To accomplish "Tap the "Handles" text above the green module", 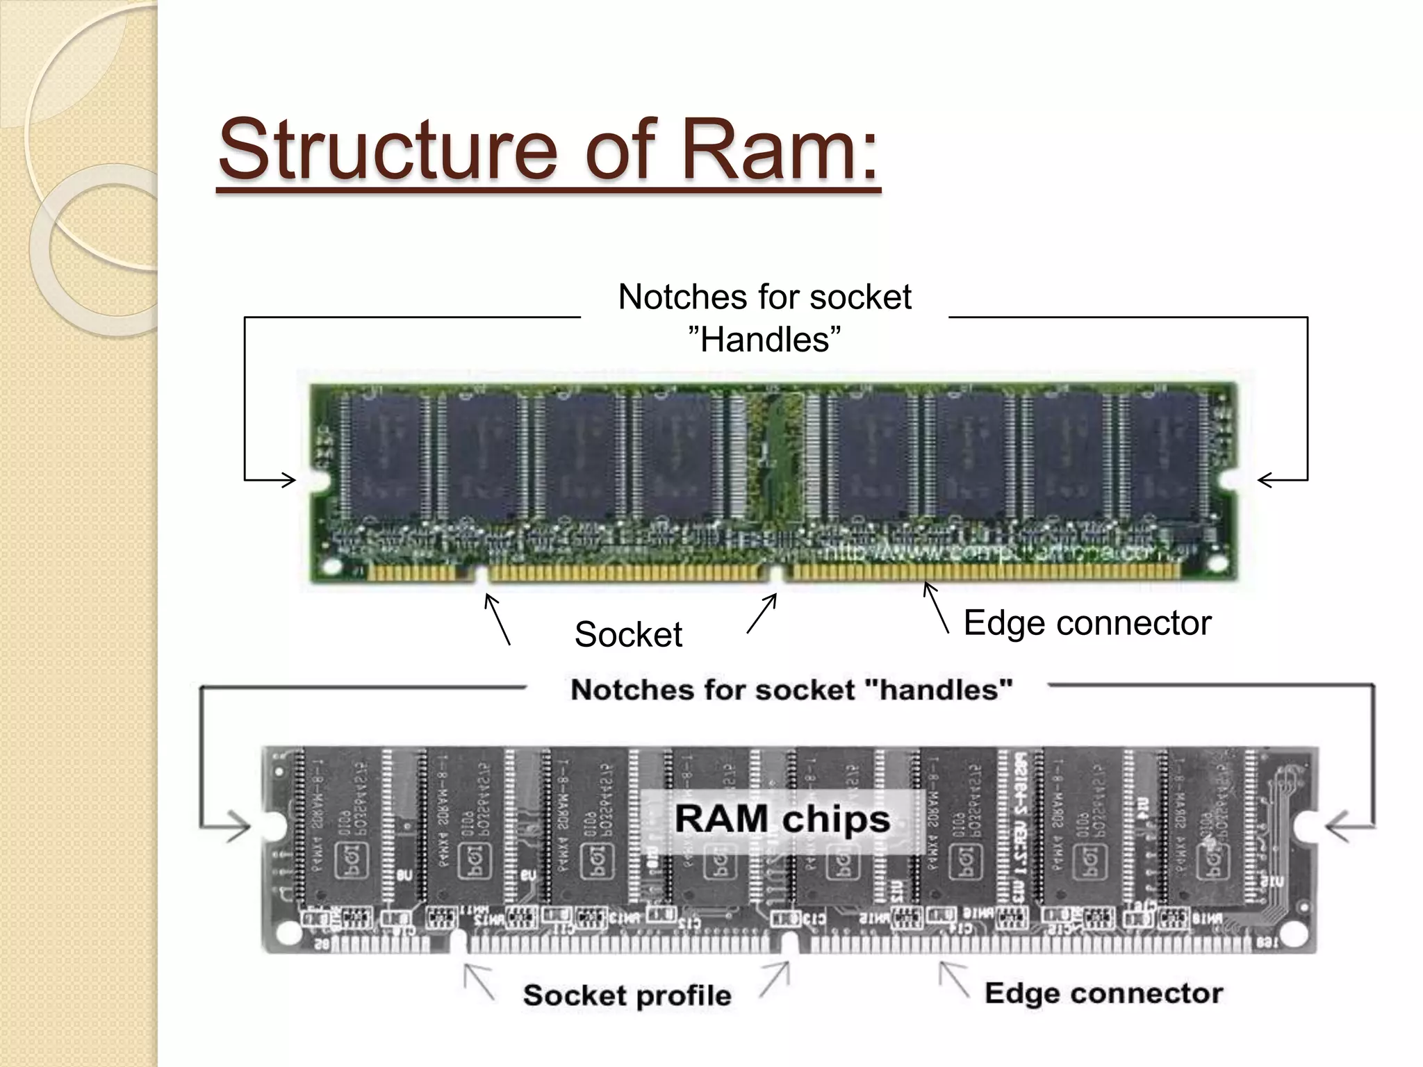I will click(764, 340).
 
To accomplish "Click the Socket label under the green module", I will click(628, 634).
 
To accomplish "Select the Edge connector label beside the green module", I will click(1087, 622).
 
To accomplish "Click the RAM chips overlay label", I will click(782, 819).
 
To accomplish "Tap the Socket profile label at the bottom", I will click(627, 995).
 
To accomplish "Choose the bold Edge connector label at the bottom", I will click(1103, 993).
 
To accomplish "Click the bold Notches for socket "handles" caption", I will click(791, 690).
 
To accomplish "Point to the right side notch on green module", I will click(1231, 481).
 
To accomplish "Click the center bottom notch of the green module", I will click(778, 574).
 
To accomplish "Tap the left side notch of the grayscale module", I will click(272, 827).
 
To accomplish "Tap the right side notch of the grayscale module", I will click(1308, 827).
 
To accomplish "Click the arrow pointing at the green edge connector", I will click(935, 608).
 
